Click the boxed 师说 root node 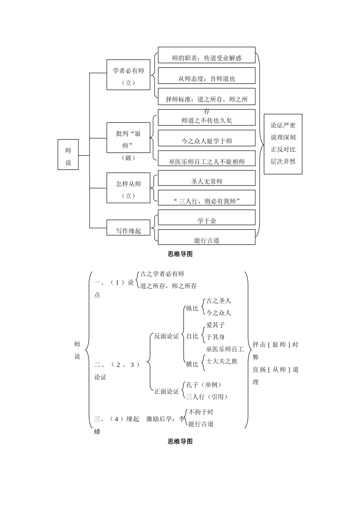[68, 155]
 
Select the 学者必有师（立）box [128, 75]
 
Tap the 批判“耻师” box [128, 138]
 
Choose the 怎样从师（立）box [128, 188]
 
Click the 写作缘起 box [128, 230]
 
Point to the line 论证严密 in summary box [283, 125]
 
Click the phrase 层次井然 [283, 161]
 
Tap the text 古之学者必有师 [162, 274]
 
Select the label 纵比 [192, 308]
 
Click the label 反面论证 [166, 336]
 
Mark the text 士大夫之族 [222, 361]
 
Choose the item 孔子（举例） [203, 385]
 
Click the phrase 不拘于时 [201, 412]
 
